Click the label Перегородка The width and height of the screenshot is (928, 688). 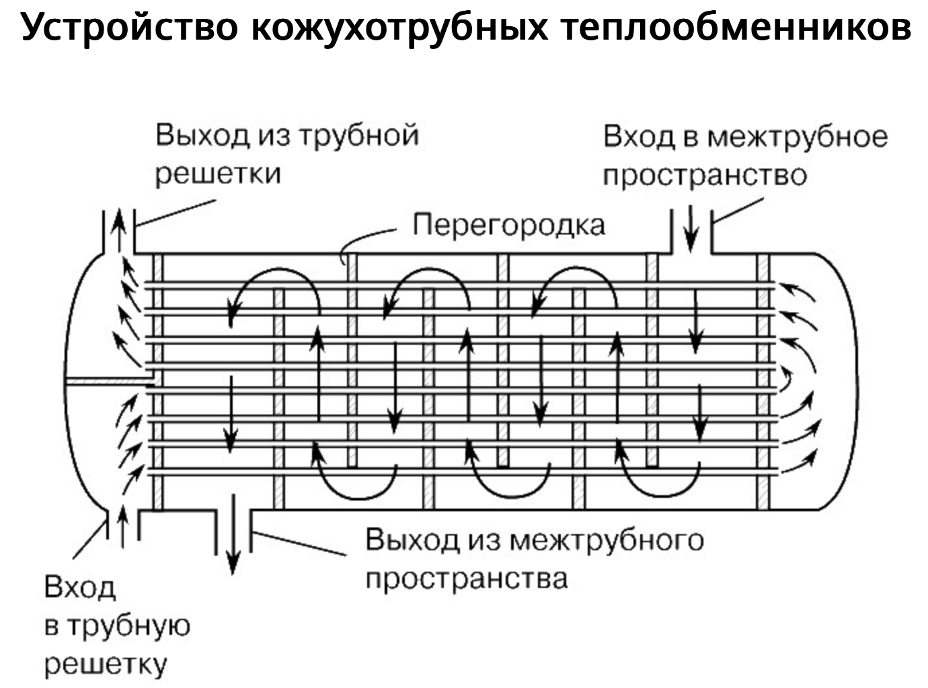509,225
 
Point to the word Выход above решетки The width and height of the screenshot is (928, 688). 202,135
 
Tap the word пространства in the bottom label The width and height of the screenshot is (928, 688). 467,578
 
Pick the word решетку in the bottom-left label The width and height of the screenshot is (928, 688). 106,664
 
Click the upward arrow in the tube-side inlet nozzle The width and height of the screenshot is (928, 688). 122,527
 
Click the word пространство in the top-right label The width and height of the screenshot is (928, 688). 704,175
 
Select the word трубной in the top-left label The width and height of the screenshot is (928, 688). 358,135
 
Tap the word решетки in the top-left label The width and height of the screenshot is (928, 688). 218,173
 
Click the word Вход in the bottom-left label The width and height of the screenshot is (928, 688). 80,588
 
